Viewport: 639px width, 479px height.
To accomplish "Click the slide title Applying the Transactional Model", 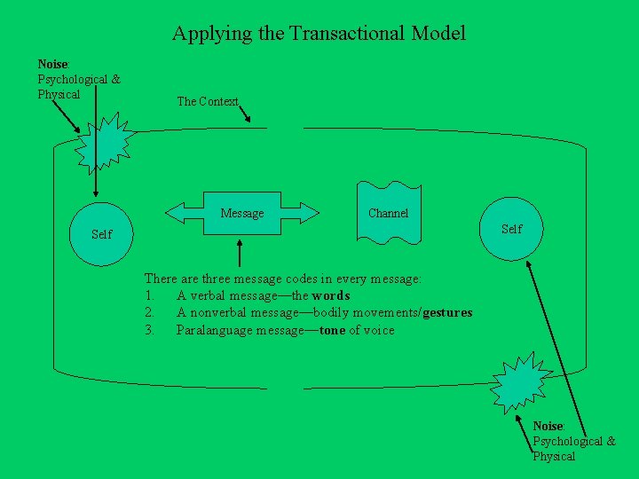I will click(x=319, y=34).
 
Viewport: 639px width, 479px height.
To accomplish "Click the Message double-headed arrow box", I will click(x=242, y=213).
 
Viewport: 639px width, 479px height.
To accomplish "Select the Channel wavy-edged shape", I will click(x=388, y=212).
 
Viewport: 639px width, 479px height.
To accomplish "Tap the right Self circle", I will click(x=511, y=229).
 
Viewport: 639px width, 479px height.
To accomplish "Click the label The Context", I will click(x=208, y=101).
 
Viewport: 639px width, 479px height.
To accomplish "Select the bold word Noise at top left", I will click(x=52, y=64).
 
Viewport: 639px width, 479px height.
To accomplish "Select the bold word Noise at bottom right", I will click(x=548, y=427).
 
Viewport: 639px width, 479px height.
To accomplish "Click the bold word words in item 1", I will click(x=331, y=295).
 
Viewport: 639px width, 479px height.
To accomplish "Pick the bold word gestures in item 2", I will click(x=447, y=312).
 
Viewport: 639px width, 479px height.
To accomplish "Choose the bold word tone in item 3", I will click(x=332, y=330).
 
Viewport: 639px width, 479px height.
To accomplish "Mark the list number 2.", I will click(x=149, y=312).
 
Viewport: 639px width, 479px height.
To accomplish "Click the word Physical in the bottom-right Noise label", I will click(x=554, y=456).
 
